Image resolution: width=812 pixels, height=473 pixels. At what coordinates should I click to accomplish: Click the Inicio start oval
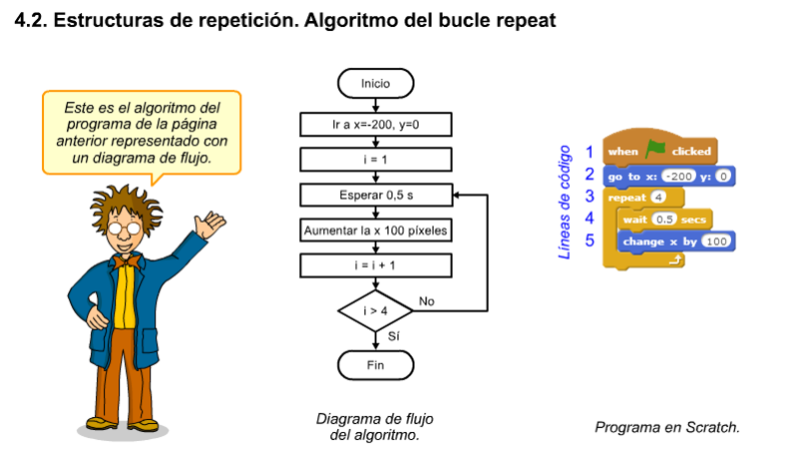tap(375, 84)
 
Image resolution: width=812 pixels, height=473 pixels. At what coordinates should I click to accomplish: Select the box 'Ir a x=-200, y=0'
tap(375, 124)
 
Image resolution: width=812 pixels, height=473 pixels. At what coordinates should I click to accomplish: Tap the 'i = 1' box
tap(375, 159)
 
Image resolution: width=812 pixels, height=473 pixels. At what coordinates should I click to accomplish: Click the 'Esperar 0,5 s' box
tap(375, 195)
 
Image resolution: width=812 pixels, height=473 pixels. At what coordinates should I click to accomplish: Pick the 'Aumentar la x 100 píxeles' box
tap(375, 231)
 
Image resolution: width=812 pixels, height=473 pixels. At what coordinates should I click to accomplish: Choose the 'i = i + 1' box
tap(375, 265)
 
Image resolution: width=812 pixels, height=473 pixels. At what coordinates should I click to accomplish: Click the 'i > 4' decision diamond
tap(375, 310)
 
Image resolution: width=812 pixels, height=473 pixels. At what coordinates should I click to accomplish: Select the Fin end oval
tap(375, 365)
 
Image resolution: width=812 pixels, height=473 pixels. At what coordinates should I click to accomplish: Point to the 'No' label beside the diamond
tap(427, 300)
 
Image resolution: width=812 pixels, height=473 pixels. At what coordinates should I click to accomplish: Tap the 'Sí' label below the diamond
tap(393, 337)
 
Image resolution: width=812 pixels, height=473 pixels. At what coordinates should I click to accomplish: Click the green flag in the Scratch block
tap(654, 150)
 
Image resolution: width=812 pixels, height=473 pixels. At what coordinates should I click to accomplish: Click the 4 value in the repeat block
tap(658, 197)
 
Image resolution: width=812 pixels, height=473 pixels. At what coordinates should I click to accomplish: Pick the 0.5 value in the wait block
tap(665, 219)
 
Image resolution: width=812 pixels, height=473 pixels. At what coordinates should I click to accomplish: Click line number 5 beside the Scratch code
tap(590, 240)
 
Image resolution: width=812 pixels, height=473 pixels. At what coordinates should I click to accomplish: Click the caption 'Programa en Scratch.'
tap(667, 427)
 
